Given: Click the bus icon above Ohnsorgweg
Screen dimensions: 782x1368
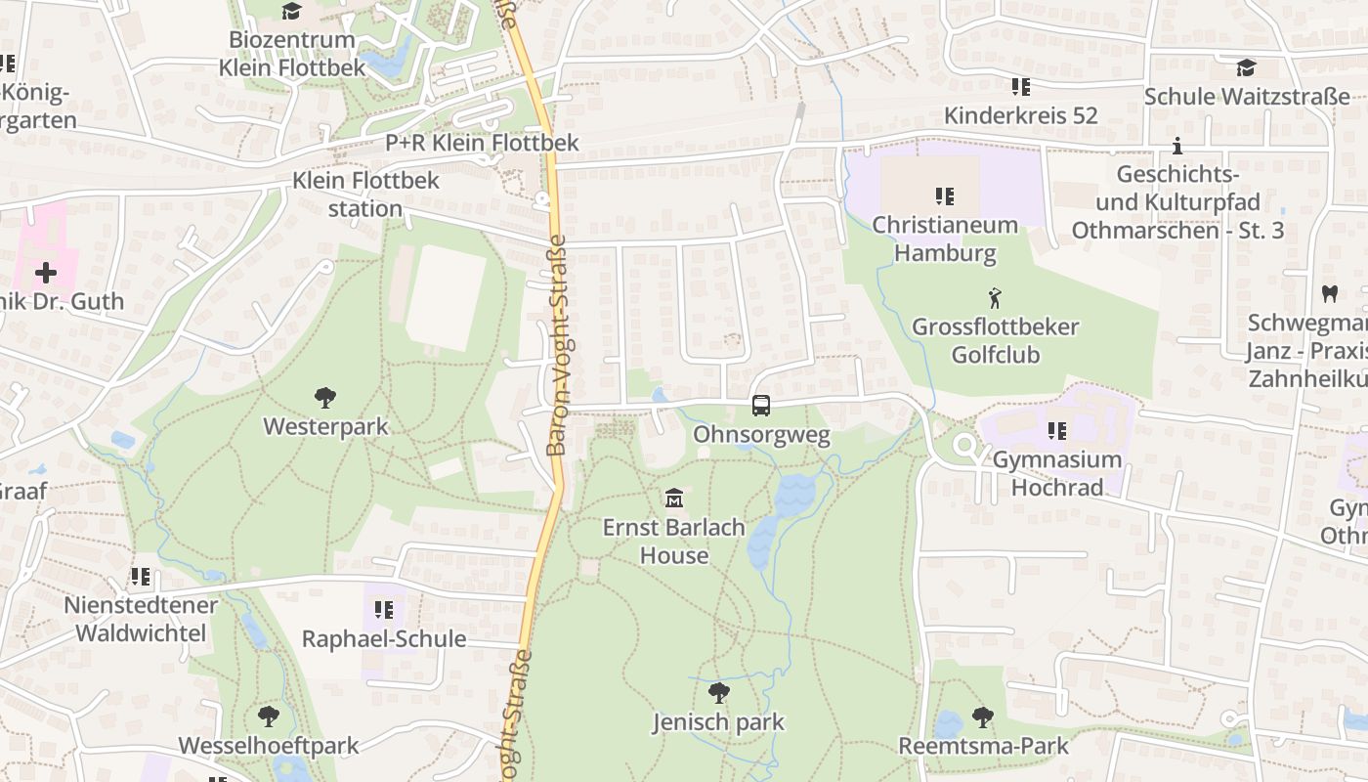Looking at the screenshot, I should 760,405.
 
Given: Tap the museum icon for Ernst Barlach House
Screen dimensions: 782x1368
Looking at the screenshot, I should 673,499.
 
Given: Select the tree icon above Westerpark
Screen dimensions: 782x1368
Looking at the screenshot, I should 325,397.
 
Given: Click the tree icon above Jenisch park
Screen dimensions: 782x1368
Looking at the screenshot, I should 718,693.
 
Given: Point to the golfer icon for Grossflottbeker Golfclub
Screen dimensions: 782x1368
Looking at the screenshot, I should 995,297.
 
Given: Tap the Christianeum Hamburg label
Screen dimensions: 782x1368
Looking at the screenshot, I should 945,239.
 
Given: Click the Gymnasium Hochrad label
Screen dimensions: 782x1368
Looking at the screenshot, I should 1056,473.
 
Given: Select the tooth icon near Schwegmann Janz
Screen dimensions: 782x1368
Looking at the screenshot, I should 1329,292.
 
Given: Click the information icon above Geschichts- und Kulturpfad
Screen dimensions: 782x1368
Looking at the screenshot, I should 1177,147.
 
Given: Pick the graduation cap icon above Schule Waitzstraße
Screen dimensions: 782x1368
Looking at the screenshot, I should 1246,67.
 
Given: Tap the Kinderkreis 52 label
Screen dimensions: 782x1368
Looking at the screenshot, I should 1020,115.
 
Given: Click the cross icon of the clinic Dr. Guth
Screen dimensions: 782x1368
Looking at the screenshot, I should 46,272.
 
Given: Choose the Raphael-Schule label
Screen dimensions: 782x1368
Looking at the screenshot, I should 384,639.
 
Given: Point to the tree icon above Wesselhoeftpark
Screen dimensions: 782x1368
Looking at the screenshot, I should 269,716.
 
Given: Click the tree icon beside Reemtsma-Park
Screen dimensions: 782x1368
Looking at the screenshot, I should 982,717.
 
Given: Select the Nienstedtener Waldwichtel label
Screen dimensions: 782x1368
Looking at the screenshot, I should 141,619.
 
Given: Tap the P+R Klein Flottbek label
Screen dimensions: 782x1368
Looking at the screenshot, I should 482,143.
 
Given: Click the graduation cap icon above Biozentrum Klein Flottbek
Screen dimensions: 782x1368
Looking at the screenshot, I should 291,11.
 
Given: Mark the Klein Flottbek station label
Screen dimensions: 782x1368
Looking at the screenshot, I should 365,195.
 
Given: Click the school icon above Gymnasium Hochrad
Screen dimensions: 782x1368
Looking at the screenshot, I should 1056,430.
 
